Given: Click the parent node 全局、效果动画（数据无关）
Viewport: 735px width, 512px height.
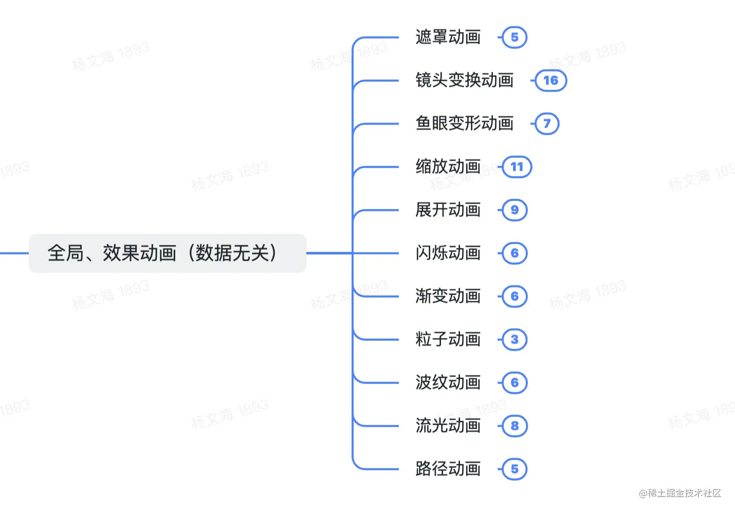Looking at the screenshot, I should [167, 253].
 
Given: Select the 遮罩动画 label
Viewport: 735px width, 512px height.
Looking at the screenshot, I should [448, 37].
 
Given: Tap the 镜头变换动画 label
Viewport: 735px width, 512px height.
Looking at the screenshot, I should [464, 80].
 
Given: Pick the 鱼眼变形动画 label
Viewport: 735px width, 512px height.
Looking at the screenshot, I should [464, 123].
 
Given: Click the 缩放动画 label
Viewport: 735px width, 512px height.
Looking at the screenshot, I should [448, 167].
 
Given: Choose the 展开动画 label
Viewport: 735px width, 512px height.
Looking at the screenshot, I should [448, 210].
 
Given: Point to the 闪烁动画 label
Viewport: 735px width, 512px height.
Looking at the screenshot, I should [448, 253].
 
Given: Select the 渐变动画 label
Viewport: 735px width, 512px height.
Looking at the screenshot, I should [448, 296].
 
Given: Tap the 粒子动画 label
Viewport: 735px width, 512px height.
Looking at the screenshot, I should [448, 339].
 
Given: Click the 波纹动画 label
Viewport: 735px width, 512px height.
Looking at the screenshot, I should [448, 382].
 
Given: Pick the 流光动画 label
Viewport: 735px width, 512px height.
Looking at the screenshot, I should [448, 426].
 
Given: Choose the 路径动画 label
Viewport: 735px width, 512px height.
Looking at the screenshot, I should [448, 469].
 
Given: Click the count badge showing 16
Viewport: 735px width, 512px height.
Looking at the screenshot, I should [550, 80].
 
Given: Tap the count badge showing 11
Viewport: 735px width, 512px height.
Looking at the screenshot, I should [517, 167].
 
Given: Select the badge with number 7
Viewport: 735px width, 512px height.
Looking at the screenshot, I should [547, 123].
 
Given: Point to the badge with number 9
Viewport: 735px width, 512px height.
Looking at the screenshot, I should [514, 210].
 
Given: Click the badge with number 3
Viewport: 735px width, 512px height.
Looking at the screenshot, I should [514, 339].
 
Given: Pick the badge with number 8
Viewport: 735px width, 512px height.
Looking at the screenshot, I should [514, 426].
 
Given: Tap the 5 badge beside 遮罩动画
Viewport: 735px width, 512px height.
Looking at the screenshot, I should [514, 37].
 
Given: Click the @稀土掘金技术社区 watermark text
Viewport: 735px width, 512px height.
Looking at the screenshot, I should [679, 493].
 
